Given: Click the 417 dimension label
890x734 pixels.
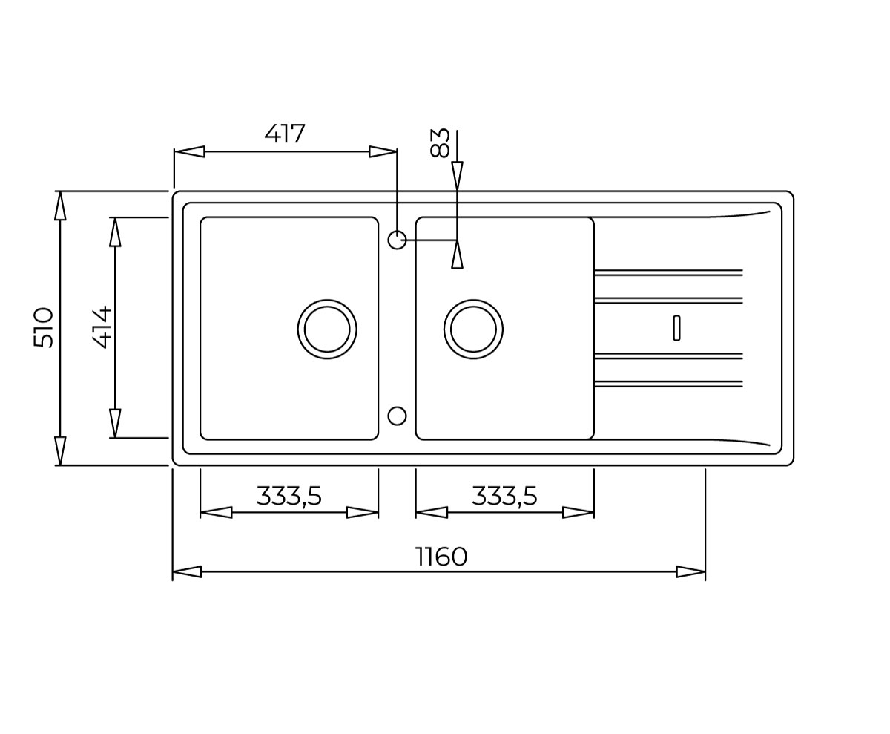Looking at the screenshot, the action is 284,134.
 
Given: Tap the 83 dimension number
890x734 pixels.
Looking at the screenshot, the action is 440,143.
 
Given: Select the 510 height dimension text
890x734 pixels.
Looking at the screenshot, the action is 44,328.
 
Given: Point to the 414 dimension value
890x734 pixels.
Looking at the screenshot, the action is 102,327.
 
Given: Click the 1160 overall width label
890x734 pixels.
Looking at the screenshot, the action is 441,557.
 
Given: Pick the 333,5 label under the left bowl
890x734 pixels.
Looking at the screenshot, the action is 289,496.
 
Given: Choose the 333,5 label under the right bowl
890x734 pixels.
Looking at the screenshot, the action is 504,496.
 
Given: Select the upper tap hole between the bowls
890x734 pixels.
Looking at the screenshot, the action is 397,240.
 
